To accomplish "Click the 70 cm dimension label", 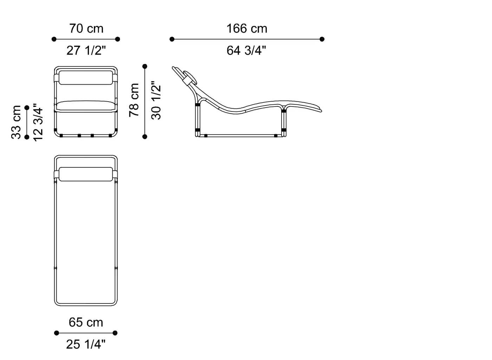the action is (86, 28).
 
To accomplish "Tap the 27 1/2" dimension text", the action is (86, 50).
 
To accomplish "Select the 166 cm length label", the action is (247, 28).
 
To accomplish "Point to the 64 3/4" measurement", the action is (246, 50).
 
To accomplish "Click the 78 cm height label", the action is (134, 100).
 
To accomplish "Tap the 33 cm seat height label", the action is (16, 122).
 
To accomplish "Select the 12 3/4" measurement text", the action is (38, 122).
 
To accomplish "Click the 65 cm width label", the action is (86, 322).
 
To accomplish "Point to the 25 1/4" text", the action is (86, 344).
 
